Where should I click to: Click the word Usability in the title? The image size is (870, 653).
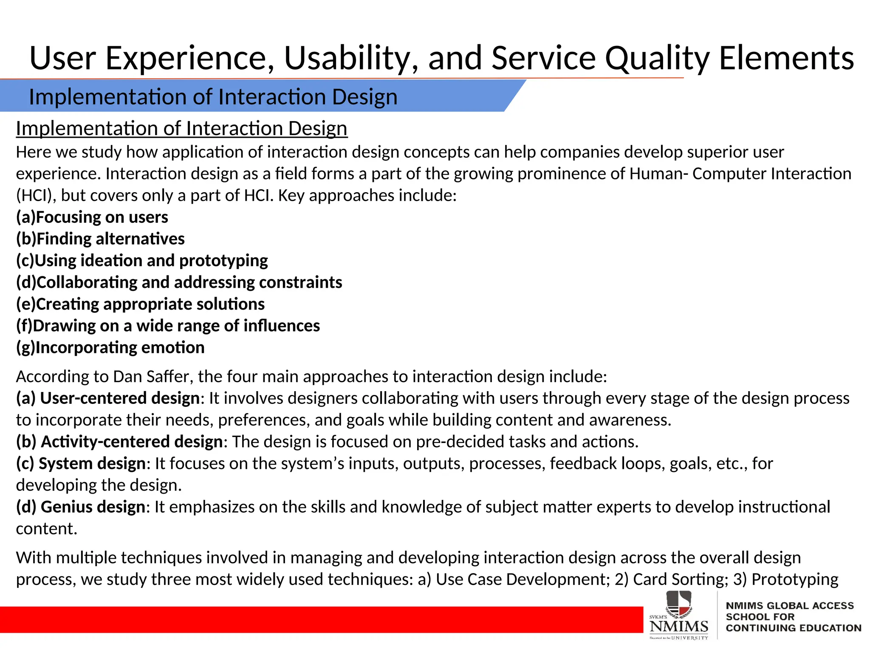click(x=351, y=58)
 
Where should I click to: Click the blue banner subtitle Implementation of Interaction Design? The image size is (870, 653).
click(x=213, y=97)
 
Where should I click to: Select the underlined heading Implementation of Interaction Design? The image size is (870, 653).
click(x=181, y=128)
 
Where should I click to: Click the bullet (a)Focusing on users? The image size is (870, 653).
click(x=92, y=217)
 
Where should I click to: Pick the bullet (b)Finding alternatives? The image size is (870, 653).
click(x=100, y=239)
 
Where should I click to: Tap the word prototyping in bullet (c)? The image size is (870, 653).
click(x=223, y=261)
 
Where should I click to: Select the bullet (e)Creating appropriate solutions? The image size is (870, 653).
click(x=140, y=304)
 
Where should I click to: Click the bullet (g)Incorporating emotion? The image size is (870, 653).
click(x=110, y=348)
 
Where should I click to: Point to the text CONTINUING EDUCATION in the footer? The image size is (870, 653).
click(x=793, y=628)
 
